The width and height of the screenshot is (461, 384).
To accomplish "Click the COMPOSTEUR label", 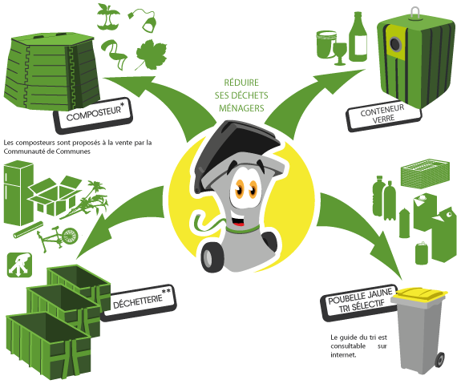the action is pyautogui.click(x=93, y=115).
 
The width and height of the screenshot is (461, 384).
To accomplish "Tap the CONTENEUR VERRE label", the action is pyautogui.click(x=383, y=115).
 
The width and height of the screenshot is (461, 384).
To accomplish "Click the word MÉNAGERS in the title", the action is pyautogui.click(x=241, y=108).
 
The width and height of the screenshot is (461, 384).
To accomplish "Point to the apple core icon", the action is pyautogui.click(x=108, y=17).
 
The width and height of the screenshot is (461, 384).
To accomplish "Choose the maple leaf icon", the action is pyautogui.click(x=151, y=55).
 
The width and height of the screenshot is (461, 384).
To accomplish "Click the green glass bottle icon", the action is pyautogui.click(x=358, y=37).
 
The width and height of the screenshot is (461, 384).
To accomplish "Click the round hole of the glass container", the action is pyautogui.click(x=395, y=44).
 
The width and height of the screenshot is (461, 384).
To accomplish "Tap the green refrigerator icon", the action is pyautogui.click(x=18, y=193).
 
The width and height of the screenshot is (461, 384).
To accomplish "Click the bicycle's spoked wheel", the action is pyautogui.click(x=70, y=236).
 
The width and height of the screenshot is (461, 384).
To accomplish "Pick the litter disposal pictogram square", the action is pyautogui.click(x=19, y=265).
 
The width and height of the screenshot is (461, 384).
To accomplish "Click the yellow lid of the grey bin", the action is pyautogui.click(x=419, y=295).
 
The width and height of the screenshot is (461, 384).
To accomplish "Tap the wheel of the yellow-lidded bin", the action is pyautogui.click(x=440, y=360).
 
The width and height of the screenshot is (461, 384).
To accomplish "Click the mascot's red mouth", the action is pyautogui.click(x=238, y=221).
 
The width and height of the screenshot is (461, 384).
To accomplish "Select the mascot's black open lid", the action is pyautogui.click(x=235, y=150).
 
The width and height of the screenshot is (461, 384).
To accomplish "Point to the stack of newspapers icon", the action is pyautogui.click(x=425, y=173).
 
